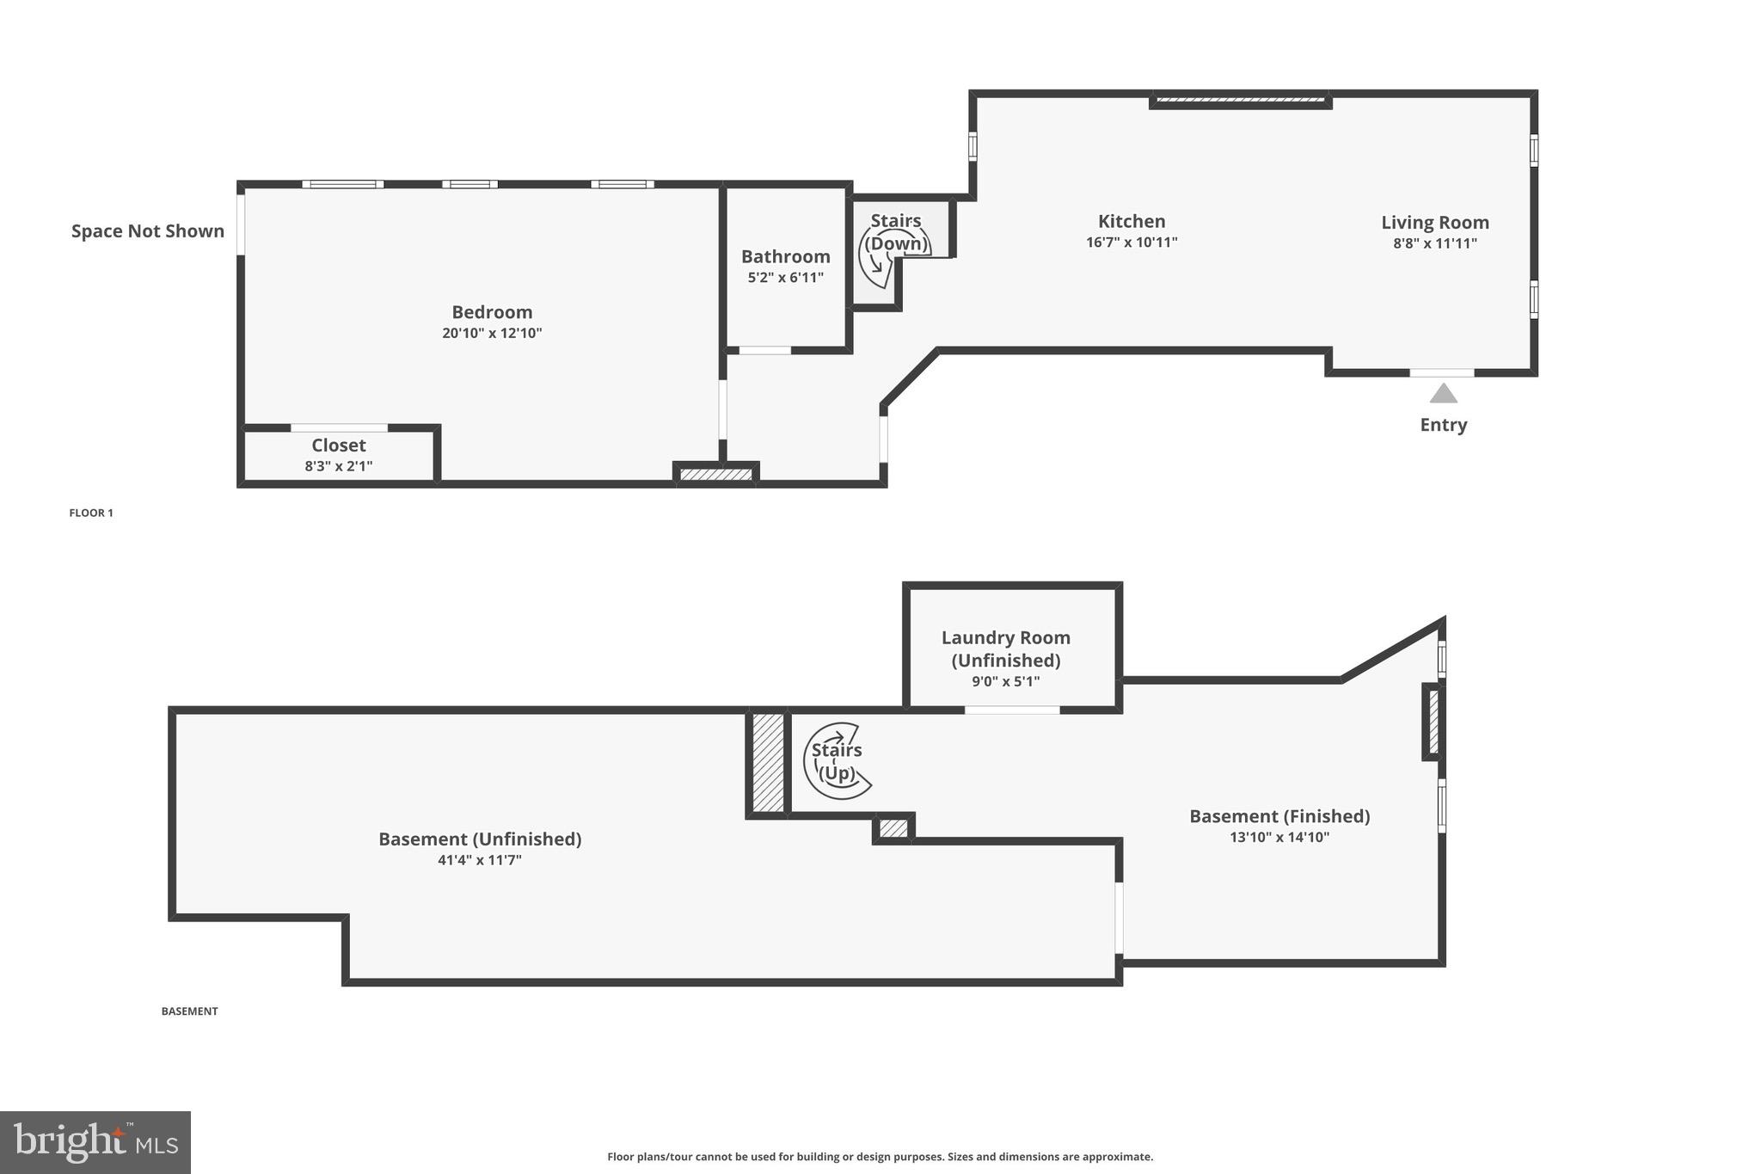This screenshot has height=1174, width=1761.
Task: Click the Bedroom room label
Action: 492,312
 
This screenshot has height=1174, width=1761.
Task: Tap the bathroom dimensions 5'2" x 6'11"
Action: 785,278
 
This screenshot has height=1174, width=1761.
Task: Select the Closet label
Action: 338,446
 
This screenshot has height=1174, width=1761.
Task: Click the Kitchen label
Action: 1132,222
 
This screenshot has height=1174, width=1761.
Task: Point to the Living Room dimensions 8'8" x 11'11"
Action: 1434,243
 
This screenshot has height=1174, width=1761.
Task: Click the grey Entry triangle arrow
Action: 1443,394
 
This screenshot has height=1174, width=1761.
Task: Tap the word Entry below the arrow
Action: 1443,425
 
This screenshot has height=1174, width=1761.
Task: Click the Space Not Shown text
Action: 148,231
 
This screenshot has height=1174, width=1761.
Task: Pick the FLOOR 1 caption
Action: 91,513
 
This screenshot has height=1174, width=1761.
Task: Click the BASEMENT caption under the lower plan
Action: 189,1011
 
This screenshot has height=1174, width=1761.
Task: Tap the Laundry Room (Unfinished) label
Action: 1005,649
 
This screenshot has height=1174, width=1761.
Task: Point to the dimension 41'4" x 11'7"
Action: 480,860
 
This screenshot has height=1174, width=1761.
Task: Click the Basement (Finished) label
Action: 1279,816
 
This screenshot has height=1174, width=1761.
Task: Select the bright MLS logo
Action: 95,1142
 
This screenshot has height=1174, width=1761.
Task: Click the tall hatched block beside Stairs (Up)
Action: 768,762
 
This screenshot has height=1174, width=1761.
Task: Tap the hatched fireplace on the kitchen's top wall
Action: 1241,101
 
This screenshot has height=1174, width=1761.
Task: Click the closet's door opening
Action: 339,427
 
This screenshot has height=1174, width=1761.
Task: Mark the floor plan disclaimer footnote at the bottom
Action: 880,1157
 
